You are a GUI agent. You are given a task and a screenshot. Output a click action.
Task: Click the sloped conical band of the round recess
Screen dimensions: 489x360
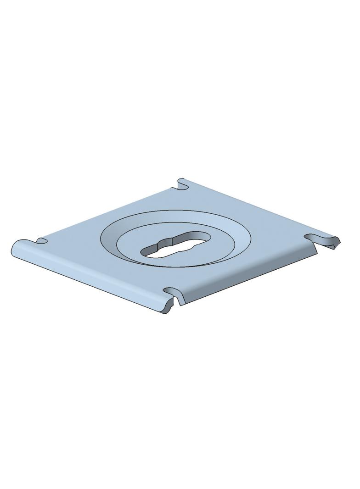(x=230, y=229)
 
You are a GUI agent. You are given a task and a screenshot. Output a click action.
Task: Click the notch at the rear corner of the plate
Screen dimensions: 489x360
(x=182, y=185)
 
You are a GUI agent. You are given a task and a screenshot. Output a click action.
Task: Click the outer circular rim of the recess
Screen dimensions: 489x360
(x=176, y=211)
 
